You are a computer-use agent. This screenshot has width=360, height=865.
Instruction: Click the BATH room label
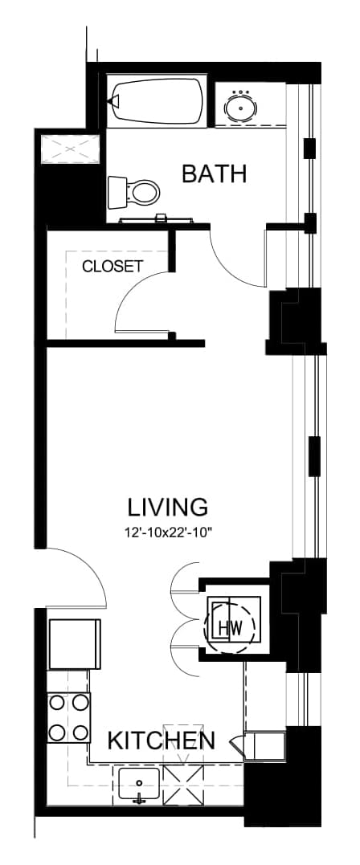pos(214,173)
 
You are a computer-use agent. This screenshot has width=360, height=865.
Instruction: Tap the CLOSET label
pos(112,266)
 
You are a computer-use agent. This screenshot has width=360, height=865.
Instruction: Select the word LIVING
pos(168,506)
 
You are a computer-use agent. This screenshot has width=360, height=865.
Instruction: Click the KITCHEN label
pos(162,741)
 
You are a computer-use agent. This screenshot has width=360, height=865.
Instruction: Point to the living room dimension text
pos(169,533)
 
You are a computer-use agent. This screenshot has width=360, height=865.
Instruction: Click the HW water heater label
pos(231,627)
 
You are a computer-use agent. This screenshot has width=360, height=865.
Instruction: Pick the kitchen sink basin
pos(139,785)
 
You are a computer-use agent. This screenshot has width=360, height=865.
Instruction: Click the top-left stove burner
pos(57,702)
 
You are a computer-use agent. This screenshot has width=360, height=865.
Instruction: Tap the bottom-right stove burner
pos(80,732)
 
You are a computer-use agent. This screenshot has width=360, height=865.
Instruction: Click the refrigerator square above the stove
pos(75,644)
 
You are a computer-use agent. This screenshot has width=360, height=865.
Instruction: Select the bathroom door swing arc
pos(227,271)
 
